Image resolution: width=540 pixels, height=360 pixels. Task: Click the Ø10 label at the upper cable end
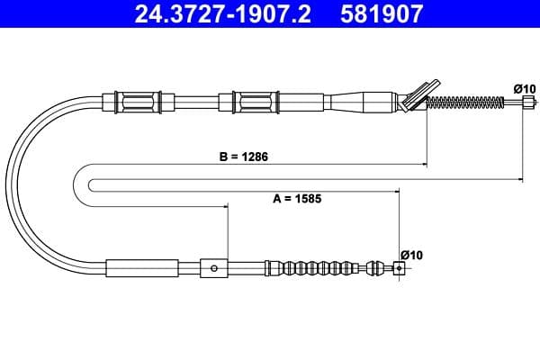tap(525, 87)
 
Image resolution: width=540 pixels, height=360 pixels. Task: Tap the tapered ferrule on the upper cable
tap(364, 100)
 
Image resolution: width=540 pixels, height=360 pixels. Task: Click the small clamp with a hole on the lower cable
tap(213, 267)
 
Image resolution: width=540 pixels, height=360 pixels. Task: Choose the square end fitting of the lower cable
tap(399, 266)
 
